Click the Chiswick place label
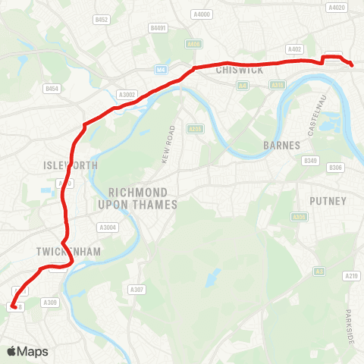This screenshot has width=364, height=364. click(x=239, y=71)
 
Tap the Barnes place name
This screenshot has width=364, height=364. click(x=281, y=145)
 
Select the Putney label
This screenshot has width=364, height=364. click(x=328, y=201)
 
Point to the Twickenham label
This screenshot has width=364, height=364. click(x=67, y=251)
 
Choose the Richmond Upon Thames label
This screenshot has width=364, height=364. click(x=143, y=199)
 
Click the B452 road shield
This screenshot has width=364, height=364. click(x=102, y=19)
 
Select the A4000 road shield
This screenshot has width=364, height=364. click(x=201, y=14)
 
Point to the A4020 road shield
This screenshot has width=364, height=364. click(x=337, y=8)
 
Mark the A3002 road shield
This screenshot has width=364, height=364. click(x=127, y=94)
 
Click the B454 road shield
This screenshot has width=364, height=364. click(x=52, y=89)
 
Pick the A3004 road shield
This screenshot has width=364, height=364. click(x=107, y=227)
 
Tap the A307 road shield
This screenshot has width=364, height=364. click(x=136, y=290)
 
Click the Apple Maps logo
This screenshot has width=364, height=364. click(x=27, y=351)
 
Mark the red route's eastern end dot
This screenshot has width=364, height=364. click(x=353, y=65)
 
